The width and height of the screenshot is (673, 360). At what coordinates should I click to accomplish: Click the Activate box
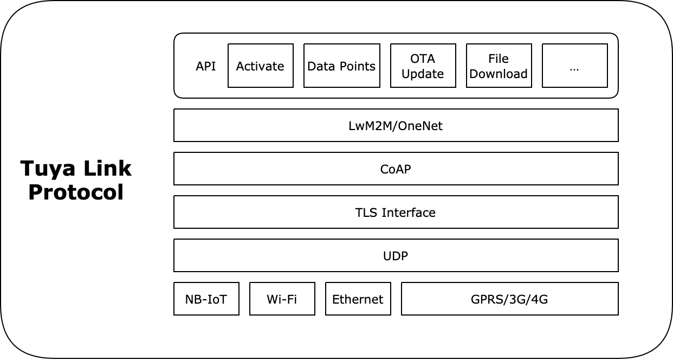260,66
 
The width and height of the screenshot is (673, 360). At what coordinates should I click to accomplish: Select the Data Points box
341,66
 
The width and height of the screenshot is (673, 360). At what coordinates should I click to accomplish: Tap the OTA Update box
423,66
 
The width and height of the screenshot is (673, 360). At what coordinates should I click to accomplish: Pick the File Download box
499,66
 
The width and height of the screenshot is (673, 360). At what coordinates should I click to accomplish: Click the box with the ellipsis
574,66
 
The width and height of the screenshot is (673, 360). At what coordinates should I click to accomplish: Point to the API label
205,66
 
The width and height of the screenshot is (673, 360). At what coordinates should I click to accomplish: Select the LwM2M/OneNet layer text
396,126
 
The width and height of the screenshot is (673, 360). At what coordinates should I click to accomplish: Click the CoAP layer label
396,169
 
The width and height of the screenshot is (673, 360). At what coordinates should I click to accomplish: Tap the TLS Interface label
396,213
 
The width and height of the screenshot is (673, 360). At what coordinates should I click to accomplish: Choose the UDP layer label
396,256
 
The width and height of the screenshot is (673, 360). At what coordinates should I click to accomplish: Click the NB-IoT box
206,299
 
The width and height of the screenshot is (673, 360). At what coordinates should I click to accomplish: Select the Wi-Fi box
282,299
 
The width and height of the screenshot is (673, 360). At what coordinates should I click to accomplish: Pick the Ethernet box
358,299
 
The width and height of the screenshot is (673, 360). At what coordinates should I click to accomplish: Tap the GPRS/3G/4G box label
509,299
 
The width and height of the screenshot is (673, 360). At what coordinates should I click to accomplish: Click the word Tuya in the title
46,169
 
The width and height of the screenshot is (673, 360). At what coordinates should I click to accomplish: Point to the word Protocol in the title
76,192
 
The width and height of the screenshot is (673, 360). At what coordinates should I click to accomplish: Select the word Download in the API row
499,74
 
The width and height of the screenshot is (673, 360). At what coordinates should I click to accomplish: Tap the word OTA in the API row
423,59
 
